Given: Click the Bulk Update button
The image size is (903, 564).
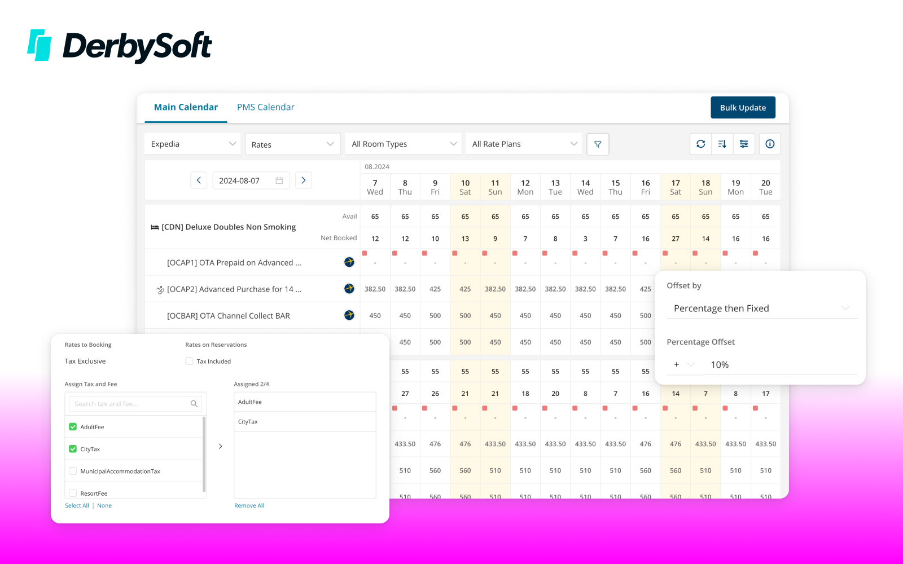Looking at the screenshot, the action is coord(743,108).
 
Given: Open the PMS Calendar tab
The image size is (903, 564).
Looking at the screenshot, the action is coord(265,107).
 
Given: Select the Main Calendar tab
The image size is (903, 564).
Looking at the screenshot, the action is coord(186,107).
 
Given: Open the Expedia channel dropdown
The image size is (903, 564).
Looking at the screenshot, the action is coord(192,144).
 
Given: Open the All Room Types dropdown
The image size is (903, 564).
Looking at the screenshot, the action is coord(403,144).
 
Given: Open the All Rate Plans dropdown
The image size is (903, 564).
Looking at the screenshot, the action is coord(523,144).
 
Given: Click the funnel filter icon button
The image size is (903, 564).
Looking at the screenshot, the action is coord(598,144).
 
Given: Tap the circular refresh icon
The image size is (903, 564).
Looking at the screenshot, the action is coord(700,144).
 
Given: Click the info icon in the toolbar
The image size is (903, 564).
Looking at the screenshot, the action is coord(770,144).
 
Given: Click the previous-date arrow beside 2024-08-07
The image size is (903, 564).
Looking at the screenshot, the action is coord(199,180).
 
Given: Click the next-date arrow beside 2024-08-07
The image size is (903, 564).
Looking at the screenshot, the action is coord(304,180).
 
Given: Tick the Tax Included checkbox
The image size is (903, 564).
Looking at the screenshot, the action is coord(189,361).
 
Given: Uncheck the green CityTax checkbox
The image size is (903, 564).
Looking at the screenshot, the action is coord(73,449).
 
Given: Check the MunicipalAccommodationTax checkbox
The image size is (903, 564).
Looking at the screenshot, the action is coord(73,471).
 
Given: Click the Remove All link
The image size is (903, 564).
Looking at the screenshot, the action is coord(249,505).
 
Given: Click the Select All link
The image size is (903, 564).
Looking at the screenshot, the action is coord(77,505).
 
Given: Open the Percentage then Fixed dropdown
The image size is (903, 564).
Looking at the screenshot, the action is coord(761,308).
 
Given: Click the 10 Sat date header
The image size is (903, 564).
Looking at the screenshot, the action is coord(465,187).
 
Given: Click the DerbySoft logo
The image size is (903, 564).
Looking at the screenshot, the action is coord(120,46).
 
